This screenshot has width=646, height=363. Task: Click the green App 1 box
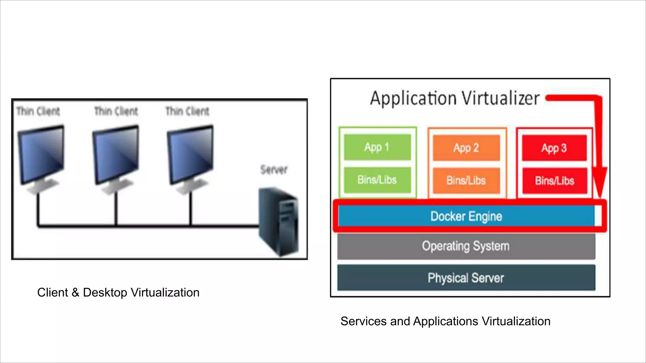[x=377, y=147]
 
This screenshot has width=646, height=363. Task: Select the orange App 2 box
[x=466, y=148]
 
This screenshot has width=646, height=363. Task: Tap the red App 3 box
[x=554, y=148]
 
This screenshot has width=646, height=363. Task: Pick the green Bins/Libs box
[x=377, y=180]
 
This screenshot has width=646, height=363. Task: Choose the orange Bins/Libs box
[x=466, y=181]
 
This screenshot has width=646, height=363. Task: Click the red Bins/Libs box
[x=555, y=181]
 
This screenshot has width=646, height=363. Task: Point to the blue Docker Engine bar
[x=466, y=216]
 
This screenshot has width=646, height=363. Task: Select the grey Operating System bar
[x=466, y=246]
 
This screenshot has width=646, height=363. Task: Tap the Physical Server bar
[x=466, y=278]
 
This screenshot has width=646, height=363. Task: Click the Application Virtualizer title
[x=455, y=98]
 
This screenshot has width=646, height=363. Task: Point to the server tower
[x=278, y=222]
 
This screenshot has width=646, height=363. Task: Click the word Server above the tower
[x=274, y=170]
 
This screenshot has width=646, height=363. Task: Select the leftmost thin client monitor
[x=41, y=154]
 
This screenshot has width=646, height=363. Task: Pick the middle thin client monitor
[x=115, y=154]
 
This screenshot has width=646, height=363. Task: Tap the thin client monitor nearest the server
[x=190, y=154]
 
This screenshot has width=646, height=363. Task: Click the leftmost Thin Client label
[x=38, y=111]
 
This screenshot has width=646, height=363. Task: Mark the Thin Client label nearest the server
[x=187, y=111]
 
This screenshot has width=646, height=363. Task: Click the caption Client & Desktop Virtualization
[x=118, y=292]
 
